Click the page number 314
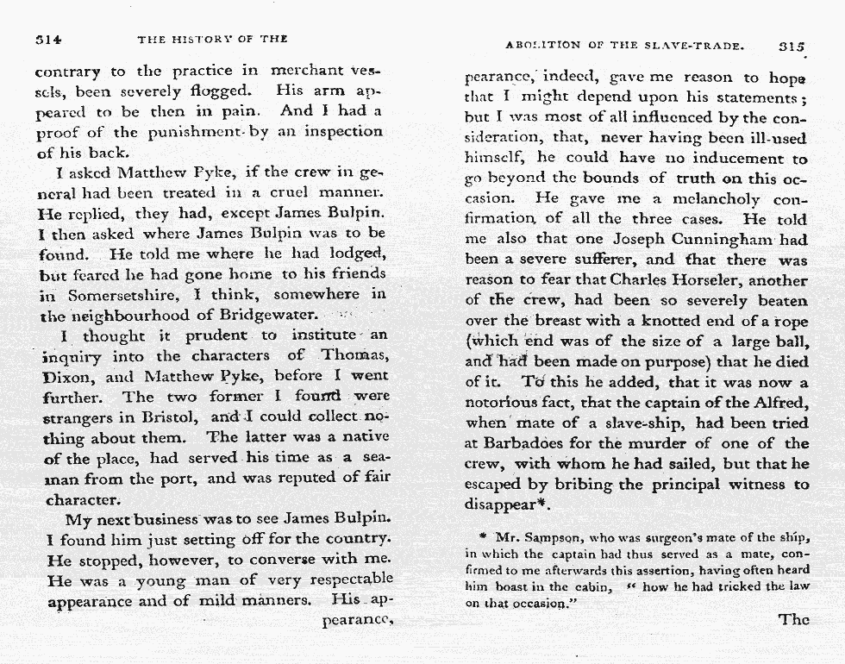click(x=47, y=39)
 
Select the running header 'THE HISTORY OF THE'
click(x=212, y=39)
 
